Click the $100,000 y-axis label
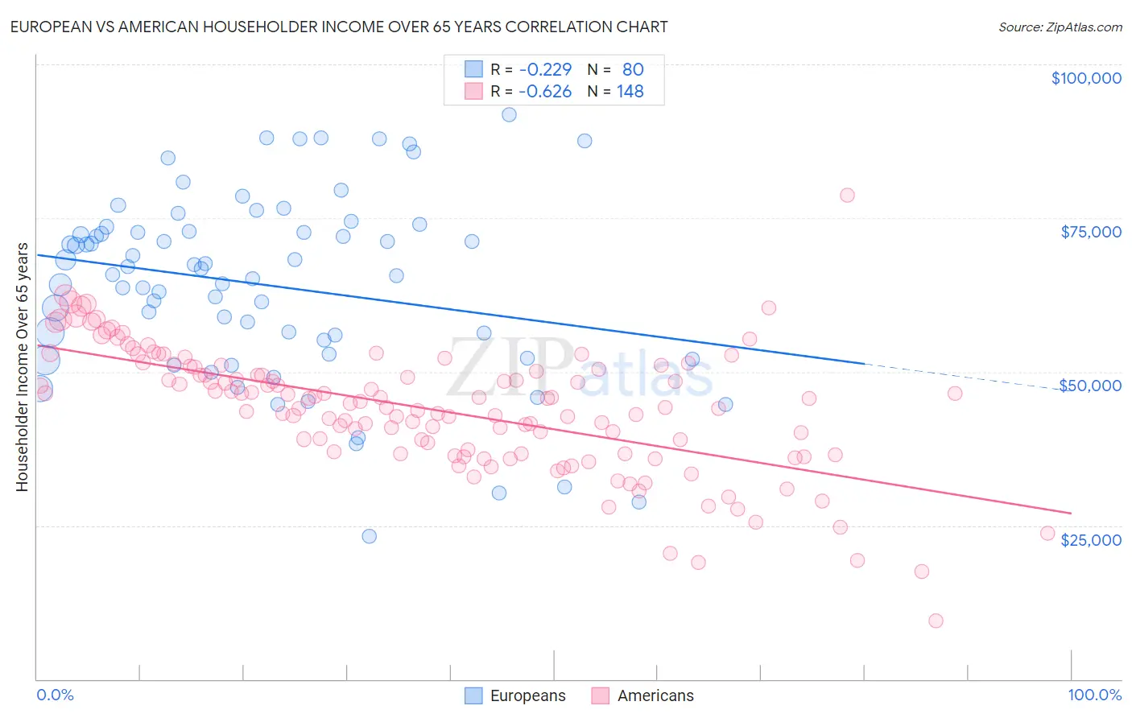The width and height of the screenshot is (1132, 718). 1085,78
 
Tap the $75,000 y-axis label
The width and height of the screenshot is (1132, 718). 1090,232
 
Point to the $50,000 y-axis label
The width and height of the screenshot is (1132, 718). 1090,386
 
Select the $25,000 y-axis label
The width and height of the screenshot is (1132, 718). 1090,540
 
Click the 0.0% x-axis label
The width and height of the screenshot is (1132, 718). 55,695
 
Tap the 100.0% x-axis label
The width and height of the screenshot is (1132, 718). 1094,695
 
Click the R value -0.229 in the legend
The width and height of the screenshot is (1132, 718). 545,69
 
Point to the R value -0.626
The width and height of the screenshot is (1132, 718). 545,92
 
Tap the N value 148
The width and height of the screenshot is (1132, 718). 630,92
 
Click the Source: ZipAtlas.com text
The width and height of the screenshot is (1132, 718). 1060,27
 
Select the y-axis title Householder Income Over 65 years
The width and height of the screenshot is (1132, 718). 23,367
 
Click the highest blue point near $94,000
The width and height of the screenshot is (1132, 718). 509,114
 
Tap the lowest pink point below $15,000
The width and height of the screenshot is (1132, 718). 935,621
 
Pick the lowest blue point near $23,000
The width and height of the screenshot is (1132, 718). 369,536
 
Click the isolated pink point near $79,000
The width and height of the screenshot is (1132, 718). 846,195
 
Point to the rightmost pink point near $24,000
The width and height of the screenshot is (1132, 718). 1047,533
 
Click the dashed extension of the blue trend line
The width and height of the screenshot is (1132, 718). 966,377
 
